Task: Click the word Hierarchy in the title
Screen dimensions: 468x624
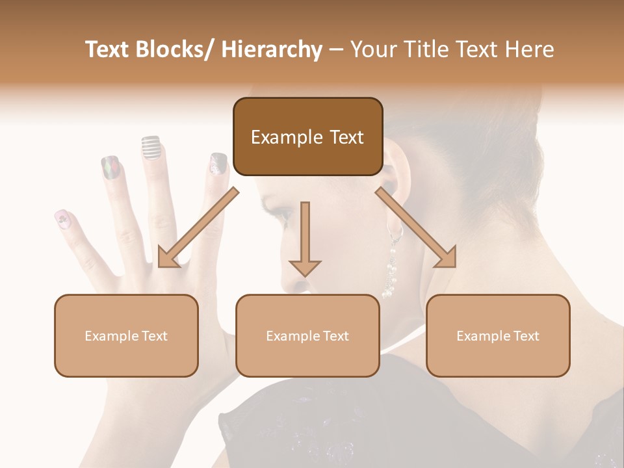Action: pyautogui.click(x=272, y=49)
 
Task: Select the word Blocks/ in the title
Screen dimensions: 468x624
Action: pyautogui.click(x=178, y=49)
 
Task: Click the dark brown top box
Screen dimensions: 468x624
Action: pyautogui.click(x=307, y=137)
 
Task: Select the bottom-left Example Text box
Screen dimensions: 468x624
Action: pyautogui.click(x=126, y=335)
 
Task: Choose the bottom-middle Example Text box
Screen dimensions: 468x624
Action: pyautogui.click(x=307, y=335)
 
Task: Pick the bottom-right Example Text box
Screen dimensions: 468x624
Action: pyautogui.click(x=498, y=335)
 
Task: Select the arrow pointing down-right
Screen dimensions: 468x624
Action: pyautogui.click(x=417, y=227)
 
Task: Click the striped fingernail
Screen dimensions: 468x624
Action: pyautogui.click(x=151, y=148)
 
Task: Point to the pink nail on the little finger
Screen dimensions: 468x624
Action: pyautogui.click(x=63, y=220)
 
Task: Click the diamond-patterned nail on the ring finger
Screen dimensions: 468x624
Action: pyautogui.click(x=110, y=168)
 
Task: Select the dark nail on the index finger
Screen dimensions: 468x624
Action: pyautogui.click(x=218, y=163)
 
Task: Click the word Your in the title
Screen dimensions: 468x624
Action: pyautogui.click(x=372, y=49)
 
